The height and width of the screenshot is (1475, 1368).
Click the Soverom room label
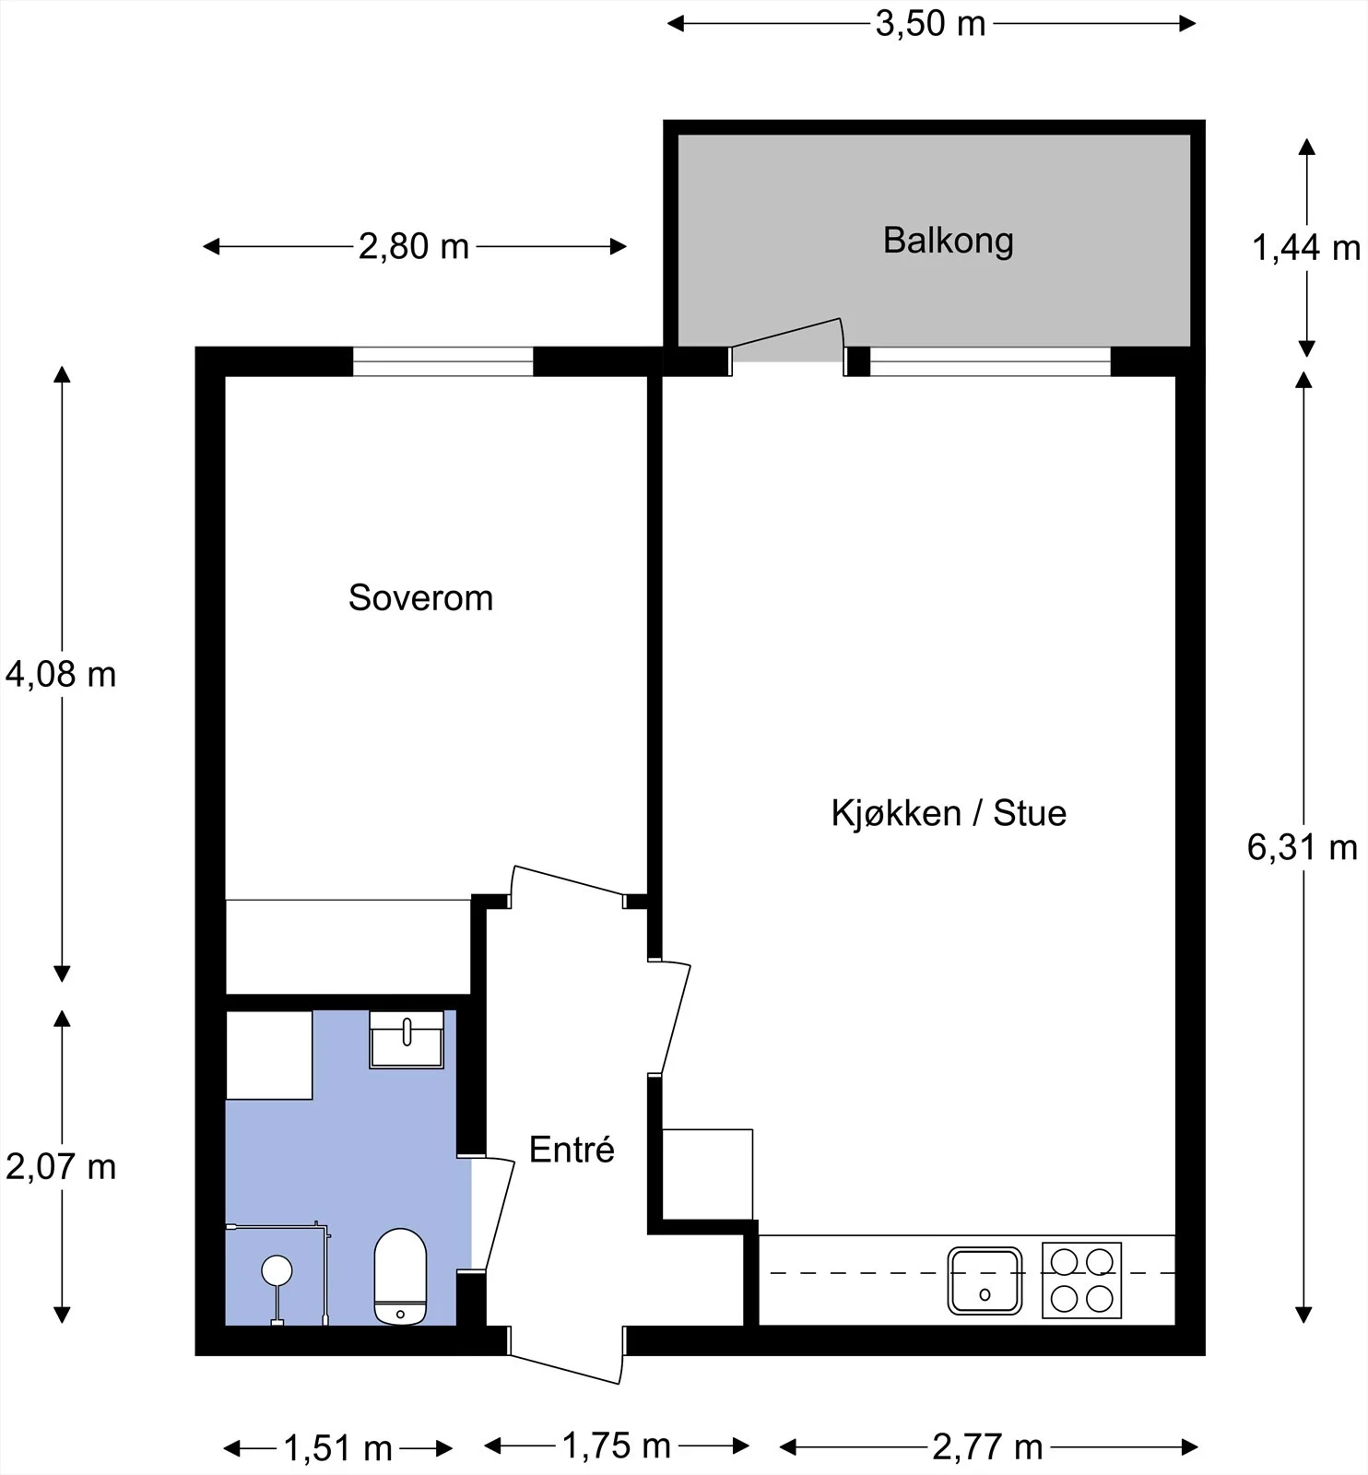pos(420,598)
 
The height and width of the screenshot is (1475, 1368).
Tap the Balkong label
pos(949,241)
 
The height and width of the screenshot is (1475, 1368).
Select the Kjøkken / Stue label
pos(949,813)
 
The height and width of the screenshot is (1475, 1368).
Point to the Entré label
pos(572,1150)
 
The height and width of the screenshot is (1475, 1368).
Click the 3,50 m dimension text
pos(930,24)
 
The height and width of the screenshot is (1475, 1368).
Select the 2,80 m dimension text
pos(414,247)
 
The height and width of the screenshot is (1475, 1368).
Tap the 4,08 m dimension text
pos(61,675)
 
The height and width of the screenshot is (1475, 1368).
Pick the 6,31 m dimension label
pos(1303,847)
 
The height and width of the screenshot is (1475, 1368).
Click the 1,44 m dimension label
pos(1306,248)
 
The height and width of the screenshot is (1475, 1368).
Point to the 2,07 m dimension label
pos(61,1167)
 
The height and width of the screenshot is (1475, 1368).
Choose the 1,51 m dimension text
pos(338,1449)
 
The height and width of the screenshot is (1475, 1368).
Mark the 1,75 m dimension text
pos(616,1446)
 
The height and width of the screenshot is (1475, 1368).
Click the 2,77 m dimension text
pos(987,1447)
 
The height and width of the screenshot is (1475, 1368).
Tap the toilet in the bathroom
pos(400,1277)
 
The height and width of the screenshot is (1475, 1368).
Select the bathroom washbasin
pos(407,1040)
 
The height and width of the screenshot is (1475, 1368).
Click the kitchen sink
pos(985,1280)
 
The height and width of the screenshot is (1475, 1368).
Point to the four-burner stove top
pos(1082,1280)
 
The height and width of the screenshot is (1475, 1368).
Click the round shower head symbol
pos(277,1270)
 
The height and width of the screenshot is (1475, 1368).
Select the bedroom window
pos(443,361)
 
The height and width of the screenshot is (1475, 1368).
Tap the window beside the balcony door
pos(990,361)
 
